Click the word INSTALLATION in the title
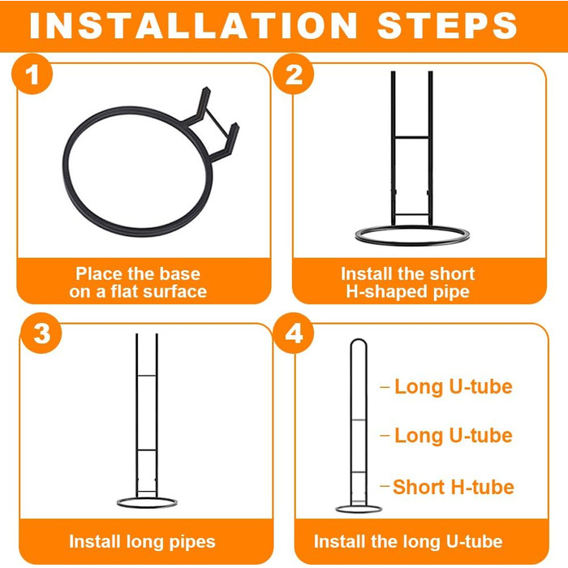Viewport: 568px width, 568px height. point(193,25)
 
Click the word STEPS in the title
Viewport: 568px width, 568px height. point(447,25)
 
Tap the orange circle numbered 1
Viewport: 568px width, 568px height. point(32,75)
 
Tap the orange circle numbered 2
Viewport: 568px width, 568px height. point(294,75)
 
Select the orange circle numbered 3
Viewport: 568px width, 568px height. point(41,333)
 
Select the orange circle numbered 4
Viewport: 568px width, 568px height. point(294,333)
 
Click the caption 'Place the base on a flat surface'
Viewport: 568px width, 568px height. point(138,282)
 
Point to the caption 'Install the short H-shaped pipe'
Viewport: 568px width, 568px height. point(407,282)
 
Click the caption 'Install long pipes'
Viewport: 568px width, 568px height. point(142,542)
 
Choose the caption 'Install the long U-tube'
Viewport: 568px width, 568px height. point(408,542)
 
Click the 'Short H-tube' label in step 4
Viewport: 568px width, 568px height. point(453,487)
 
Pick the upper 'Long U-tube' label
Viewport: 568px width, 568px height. point(453,386)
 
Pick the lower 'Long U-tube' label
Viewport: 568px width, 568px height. point(453,435)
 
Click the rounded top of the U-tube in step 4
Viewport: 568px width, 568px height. point(359,339)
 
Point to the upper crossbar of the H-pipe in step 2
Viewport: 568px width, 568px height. point(412,137)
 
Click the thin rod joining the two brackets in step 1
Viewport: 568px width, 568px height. point(217,124)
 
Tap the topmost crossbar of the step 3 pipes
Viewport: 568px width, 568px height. point(147,376)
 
